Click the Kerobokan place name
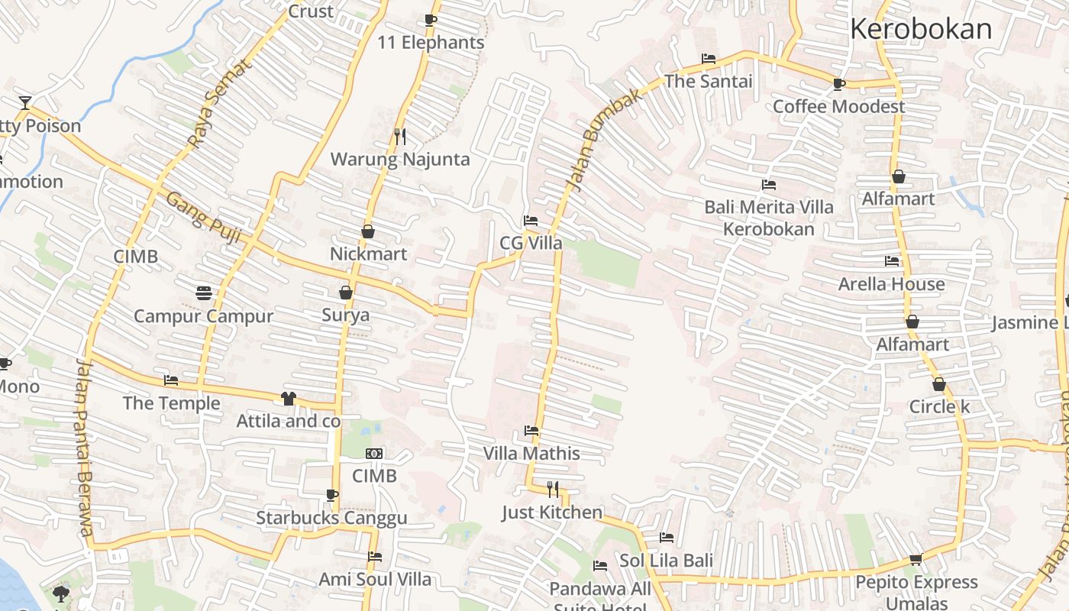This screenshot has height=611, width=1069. coord(920,29)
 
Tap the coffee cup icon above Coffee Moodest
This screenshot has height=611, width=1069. coord(839,84)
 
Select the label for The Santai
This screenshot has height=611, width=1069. coord(708,81)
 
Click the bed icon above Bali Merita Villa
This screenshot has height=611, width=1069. coord(769,185)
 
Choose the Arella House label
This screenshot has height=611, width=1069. coord(891,284)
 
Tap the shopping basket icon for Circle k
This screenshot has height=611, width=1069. coord(938,384)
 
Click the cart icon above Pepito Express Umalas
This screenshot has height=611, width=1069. coord(916,559)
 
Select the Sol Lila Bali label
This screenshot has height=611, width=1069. coord(666,561)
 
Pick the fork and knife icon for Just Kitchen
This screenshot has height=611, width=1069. coord(553,489)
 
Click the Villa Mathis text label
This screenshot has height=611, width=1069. coord(531,454)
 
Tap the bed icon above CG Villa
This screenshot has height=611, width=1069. coord(531,221)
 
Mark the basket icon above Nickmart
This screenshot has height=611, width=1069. coord(368,231)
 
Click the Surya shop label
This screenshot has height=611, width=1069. coord(345,315)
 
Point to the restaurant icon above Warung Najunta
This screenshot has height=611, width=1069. coord(400,137)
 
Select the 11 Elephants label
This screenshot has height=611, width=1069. coord(431,43)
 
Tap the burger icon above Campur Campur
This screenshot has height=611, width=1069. coord(203,293)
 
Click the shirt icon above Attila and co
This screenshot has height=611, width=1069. coord(289,398)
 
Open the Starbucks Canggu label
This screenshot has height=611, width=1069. coord(331,518)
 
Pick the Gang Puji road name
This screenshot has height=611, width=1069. coord(203,218)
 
